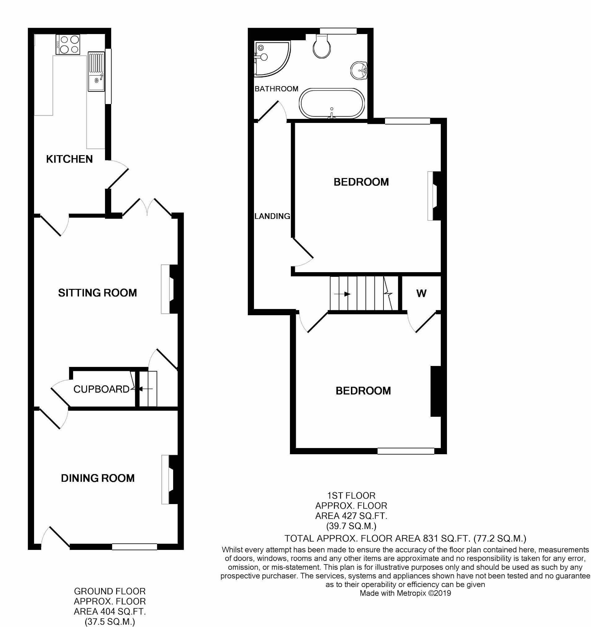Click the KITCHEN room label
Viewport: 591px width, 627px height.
coord(69,159)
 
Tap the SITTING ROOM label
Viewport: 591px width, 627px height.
coord(98,293)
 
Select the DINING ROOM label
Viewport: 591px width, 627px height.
coord(98,478)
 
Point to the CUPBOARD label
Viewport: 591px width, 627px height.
coord(101,389)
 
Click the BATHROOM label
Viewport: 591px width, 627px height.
coord(276,89)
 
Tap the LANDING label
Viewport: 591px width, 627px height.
coord(272,216)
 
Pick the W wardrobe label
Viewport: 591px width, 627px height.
coord(422,293)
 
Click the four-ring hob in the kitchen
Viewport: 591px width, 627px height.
coord(68,45)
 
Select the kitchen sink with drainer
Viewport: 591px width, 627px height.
coord(96,71)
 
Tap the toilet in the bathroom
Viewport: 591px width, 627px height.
coord(322,46)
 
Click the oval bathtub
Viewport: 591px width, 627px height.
coord(332,103)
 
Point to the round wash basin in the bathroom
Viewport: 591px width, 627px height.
coord(359,70)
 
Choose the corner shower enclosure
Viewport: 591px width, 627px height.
coord(272,59)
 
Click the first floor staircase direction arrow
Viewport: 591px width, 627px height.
coord(342,294)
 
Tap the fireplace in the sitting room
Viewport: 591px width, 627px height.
coord(169,289)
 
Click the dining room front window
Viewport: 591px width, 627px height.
coord(135,546)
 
